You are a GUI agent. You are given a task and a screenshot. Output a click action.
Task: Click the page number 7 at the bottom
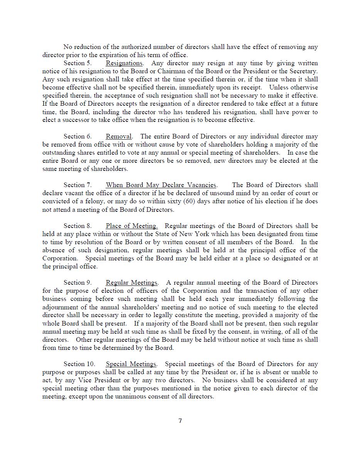click(180, 420)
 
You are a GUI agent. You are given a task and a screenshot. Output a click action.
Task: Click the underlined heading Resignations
click(124, 63)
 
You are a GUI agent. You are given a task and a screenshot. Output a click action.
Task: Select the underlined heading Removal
click(119, 137)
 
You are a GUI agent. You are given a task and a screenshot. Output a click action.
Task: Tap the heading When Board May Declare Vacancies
click(161, 185)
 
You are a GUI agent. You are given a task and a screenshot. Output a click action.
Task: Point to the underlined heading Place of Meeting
click(131, 226)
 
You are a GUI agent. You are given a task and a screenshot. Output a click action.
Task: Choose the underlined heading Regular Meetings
click(131, 283)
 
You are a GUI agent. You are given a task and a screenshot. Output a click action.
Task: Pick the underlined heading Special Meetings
click(131, 364)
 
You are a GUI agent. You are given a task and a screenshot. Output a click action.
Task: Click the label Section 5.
click(77, 63)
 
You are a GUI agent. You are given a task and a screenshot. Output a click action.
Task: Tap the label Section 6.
click(77, 137)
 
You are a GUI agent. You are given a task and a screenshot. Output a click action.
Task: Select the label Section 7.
click(77, 185)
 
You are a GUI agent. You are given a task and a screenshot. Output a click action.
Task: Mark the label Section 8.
click(77, 226)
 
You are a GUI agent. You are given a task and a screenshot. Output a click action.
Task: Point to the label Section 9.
click(77, 283)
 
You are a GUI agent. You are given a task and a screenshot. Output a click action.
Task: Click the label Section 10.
click(79, 364)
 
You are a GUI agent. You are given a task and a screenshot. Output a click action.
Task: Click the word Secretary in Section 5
click(303, 71)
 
